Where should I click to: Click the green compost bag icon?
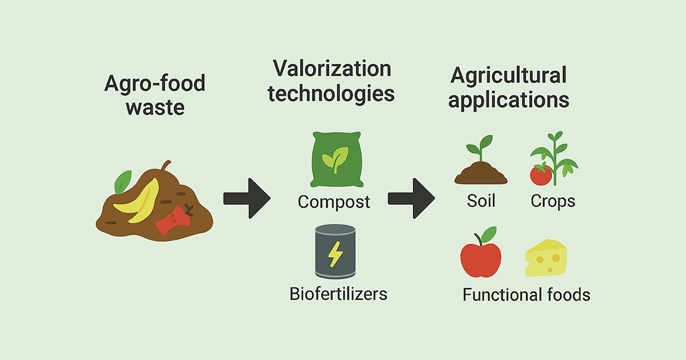click(336, 159)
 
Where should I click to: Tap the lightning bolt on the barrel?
click(335, 254)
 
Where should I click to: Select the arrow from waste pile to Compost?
click(246, 198)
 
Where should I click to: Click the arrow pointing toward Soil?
click(411, 198)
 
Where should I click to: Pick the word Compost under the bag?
click(334, 202)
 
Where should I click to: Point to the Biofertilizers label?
click(338, 294)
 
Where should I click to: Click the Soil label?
click(481, 201)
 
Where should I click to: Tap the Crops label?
click(553, 201)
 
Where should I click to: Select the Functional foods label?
click(526, 295)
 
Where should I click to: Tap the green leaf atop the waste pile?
click(122, 183)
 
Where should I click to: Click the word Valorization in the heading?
click(332, 69)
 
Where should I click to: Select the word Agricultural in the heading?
click(508, 75)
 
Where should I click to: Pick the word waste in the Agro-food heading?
click(155, 107)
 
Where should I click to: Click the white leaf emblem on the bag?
click(335, 158)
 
